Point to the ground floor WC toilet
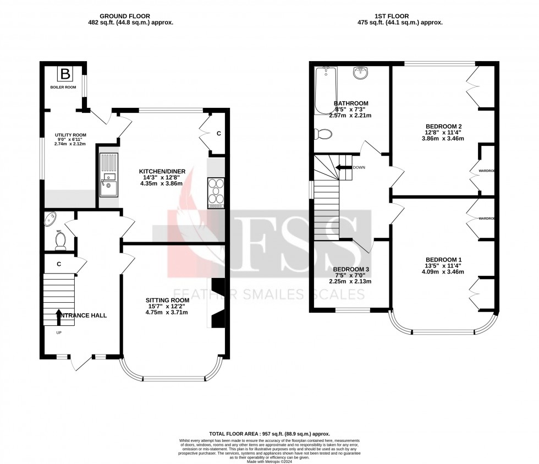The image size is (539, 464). (x=61, y=241)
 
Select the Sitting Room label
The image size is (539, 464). (x=167, y=300)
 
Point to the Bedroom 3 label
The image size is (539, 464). (x=350, y=269)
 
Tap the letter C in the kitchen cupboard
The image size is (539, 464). (x=219, y=133)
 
